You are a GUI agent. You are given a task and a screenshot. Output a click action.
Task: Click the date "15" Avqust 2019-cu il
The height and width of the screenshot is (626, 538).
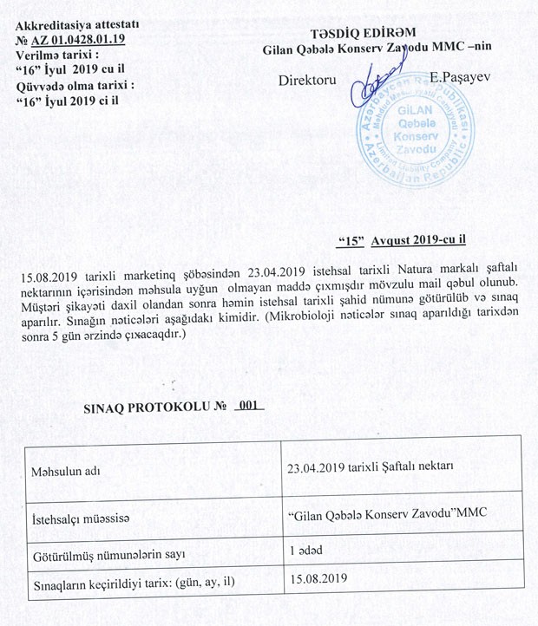pos(406,237)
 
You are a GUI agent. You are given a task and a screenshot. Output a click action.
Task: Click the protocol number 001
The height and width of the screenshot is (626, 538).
pos(250,405)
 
